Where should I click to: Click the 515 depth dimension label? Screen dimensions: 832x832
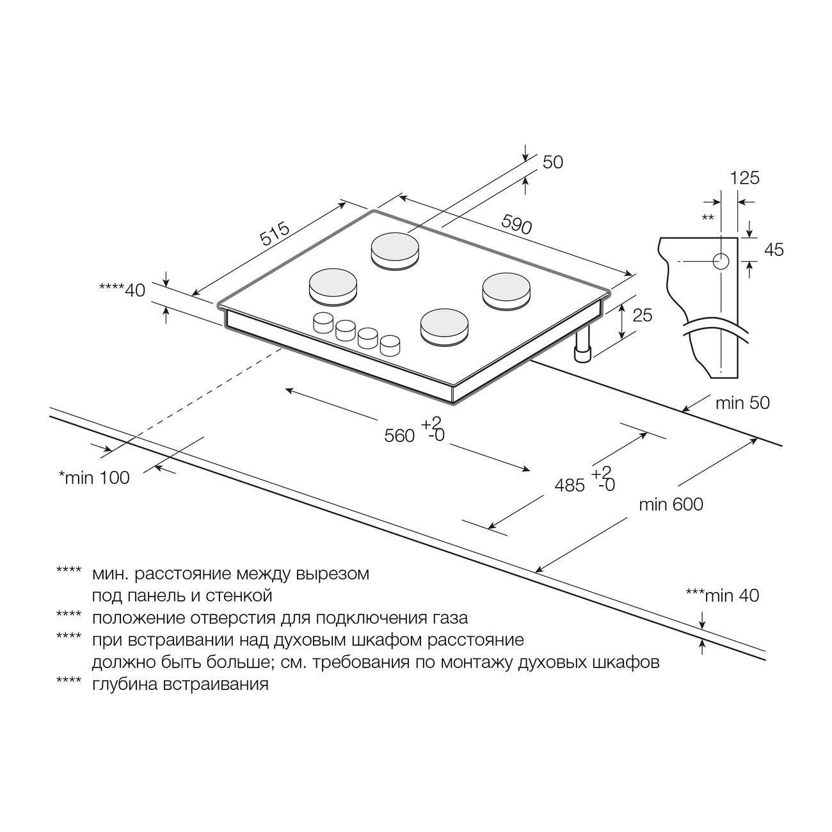coord(275,233)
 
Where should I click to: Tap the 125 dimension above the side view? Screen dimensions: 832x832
coord(745,178)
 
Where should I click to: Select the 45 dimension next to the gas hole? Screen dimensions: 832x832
coord(774,250)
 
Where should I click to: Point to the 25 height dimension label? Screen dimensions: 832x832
coord(642,315)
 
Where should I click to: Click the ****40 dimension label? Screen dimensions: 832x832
coord(122,290)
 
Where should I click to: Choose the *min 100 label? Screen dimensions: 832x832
coord(94,477)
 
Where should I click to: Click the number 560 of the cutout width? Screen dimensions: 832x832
coord(399,436)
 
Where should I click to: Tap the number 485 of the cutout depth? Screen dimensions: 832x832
coord(570,485)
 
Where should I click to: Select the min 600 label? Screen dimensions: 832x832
coord(671,504)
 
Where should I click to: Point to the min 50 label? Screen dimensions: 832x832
coord(742,403)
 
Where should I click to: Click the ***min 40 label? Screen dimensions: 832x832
coord(723,595)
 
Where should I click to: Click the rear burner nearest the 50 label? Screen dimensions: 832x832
coord(395,252)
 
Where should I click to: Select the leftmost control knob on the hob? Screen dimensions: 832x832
coord(323,323)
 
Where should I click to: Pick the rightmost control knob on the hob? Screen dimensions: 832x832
coord(390,346)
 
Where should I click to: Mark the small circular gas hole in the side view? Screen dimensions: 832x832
coord(721,261)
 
